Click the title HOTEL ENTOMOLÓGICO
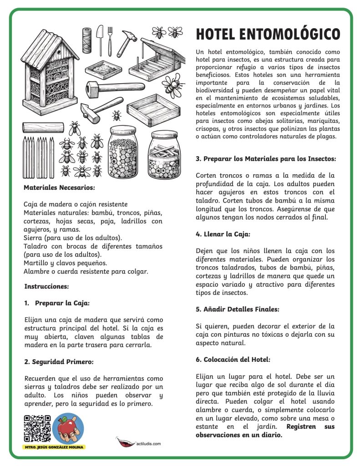(x=268, y=34)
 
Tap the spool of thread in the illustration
(x=86, y=40)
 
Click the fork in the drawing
(x=109, y=40)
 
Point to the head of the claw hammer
(x=130, y=35)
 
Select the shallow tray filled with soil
(x=106, y=68)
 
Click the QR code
(x=36, y=429)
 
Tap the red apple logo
(x=68, y=428)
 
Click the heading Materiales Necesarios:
(x=60, y=187)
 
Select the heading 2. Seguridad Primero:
(x=58, y=362)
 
